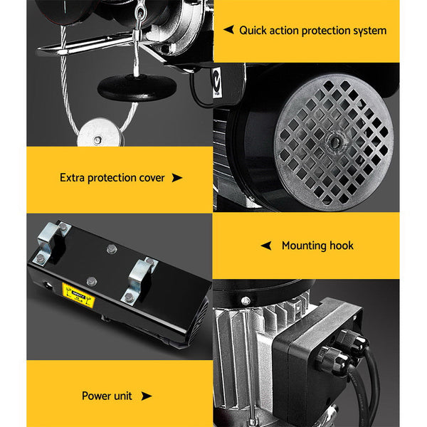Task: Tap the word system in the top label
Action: (x=368, y=31)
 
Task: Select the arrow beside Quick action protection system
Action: (x=228, y=30)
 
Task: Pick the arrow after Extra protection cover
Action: (x=177, y=177)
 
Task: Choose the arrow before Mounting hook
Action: (x=266, y=246)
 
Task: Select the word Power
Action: (x=97, y=396)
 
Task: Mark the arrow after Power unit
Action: (x=147, y=396)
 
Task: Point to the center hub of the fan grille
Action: (x=333, y=141)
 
